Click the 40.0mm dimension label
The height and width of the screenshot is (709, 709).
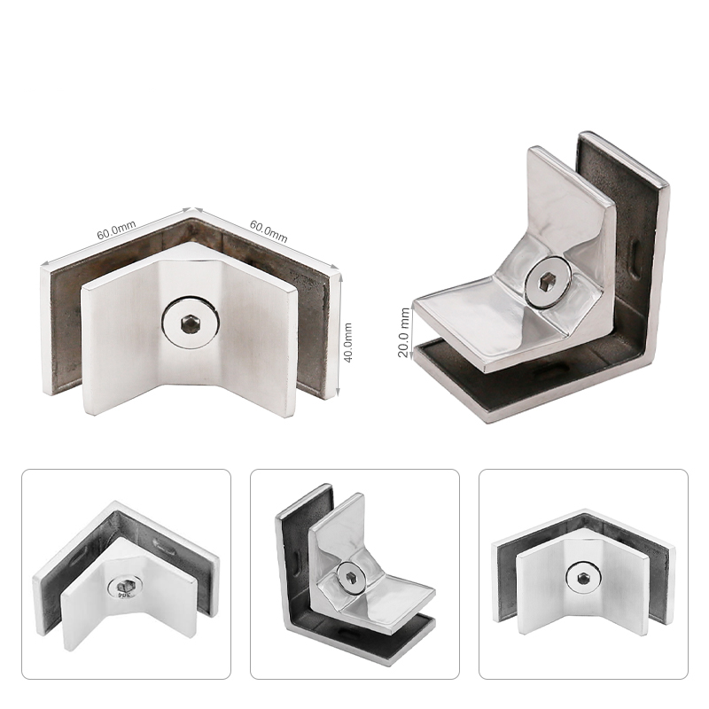coord(347,342)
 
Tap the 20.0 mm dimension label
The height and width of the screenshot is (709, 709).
coord(404,332)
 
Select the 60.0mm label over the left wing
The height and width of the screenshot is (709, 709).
coord(116,230)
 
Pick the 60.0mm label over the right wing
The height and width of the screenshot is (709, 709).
coord(269,231)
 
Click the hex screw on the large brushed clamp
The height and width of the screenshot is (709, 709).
coord(191,323)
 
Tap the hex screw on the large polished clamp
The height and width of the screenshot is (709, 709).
coord(549,283)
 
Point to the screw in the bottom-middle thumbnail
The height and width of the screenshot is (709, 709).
coord(351,575)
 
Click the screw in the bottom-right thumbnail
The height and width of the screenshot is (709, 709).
coord(583,578)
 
